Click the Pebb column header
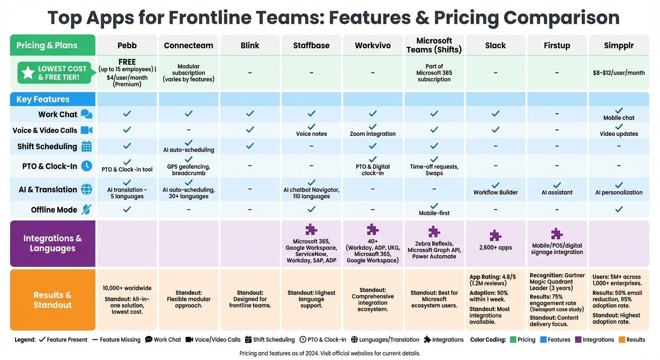click(127, 45)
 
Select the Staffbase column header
click(311, 45)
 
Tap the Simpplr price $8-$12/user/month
click(619, 73)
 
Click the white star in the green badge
click(28, 72)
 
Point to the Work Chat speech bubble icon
click(87, 114)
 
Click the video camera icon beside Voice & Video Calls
click(87, 130)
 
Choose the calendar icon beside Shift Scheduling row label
click(87, 146)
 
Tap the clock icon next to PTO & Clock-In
click(87, 166)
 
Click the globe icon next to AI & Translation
click(87, 189)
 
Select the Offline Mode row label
click(54, 210)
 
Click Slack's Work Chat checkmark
click(495, 113)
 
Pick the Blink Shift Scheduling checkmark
click(250, 146)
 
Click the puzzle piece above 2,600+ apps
click(495, 235)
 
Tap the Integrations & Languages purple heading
click(52, 243)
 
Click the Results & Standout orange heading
click(52, 300)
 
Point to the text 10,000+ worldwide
click(127, 288)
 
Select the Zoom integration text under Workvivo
click(373, 134)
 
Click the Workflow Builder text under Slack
click(495, 193)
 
